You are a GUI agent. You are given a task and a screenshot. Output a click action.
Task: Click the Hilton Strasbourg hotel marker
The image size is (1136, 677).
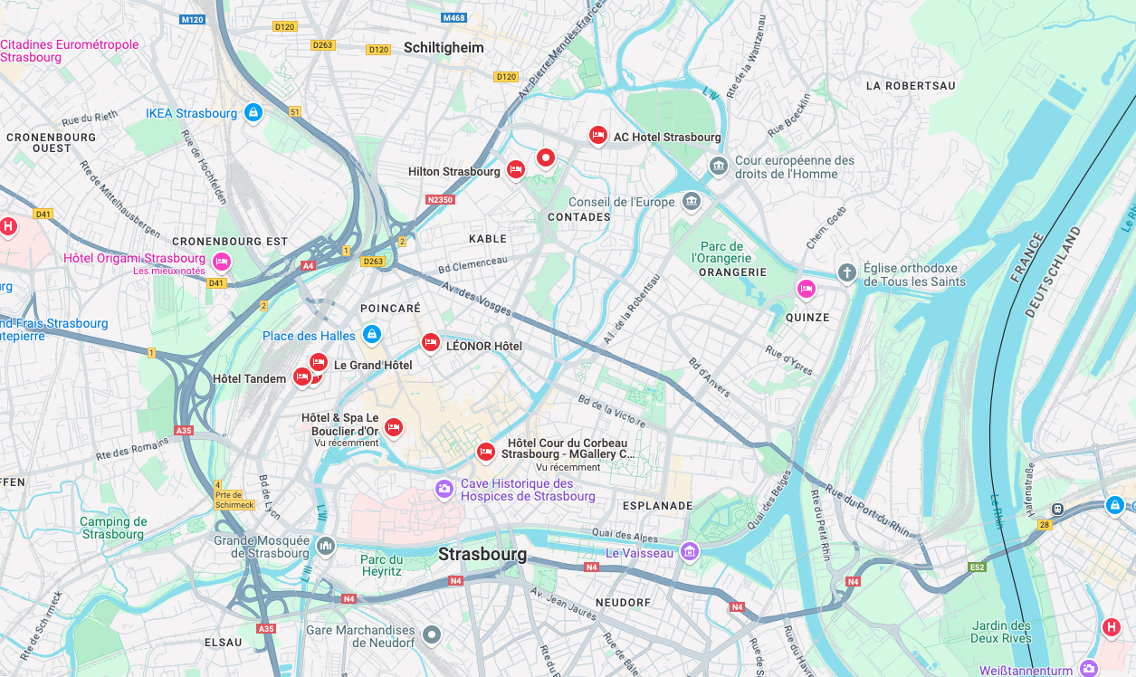pyautogui.click(x=515, y=169)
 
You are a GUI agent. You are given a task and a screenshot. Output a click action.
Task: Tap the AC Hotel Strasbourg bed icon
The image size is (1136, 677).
pyautogui.click(x=597, y=135)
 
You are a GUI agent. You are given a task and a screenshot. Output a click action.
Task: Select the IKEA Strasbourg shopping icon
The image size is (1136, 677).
pyautogui.click(x=253, y=113)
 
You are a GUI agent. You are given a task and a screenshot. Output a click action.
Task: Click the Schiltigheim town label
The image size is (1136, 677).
pyautogui.click(x=444, y=48)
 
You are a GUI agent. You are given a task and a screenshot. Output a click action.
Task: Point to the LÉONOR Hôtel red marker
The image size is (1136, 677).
pyautogui.click(x=431, y=343)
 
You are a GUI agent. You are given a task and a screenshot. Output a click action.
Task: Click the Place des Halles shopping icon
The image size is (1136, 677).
pyautogui.click(x=371, y=335)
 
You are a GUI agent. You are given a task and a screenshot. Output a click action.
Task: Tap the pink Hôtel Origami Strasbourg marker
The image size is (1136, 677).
pyautogui.click(x=222, y=262)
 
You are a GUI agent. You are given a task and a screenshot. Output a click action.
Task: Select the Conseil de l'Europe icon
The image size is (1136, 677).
pyautogui.click(x=692, y=201)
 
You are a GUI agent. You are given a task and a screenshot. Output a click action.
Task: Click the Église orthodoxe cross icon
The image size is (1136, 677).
pyautogui.click(x=846, y=272)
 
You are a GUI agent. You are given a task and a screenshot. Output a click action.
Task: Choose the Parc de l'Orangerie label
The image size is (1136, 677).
pyautogui.click(x=722, y=253)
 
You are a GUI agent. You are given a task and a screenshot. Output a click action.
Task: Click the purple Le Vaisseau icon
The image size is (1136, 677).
pyautogui.click(x=690, y=551)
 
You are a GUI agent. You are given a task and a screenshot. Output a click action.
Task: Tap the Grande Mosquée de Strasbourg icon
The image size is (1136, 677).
pyautogui.click(x=326, y=546)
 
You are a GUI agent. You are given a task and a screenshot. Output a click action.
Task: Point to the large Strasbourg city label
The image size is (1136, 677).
pyautogui.click(x=482, y=554)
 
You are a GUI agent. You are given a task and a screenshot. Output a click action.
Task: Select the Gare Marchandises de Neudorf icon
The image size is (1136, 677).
pyautogui.click(x=432, y=635)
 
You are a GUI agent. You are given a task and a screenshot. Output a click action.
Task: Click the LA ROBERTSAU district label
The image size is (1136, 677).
pyautogui.click(x=911, y=86)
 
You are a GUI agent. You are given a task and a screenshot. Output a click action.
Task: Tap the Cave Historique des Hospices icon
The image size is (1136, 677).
pyautogui.click(x=444, y=489)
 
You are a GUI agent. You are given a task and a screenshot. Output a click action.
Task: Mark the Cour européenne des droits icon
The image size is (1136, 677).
pyautogui.click(x=719, y=167)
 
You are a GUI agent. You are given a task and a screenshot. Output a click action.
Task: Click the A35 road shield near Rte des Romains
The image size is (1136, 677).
pyautogui.click(x=185, y=431)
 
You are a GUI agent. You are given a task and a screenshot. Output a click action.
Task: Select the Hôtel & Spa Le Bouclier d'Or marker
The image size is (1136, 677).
pyautogui.click(x=393, y=426)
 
